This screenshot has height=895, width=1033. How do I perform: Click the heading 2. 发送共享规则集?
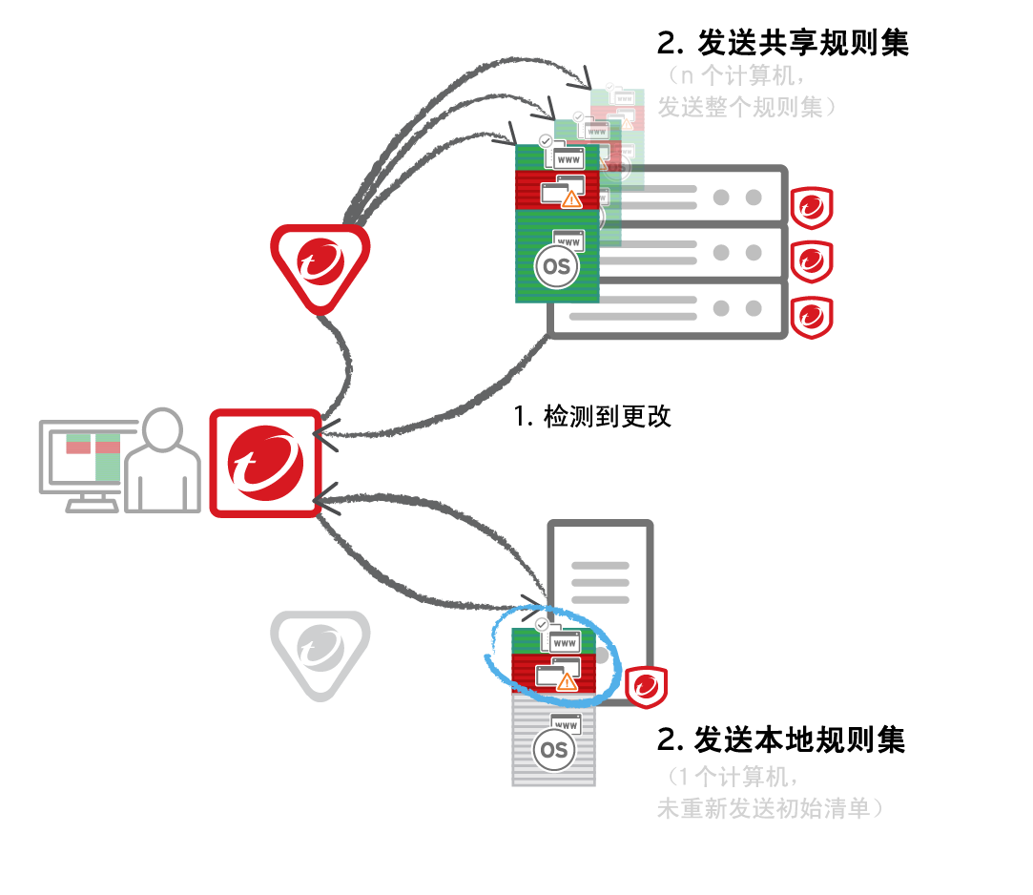(782, 44)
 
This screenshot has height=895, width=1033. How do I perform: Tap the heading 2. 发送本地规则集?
(780, 739)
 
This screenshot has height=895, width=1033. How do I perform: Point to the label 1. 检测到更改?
(592, 416)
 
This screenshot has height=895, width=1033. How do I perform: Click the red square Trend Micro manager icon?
(265, 464)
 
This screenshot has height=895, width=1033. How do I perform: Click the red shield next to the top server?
(812, 206)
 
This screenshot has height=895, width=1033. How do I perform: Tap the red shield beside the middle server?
(812, 259)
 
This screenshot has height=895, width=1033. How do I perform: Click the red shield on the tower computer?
(646, 686)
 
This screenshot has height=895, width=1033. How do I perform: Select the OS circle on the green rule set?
(556, 267)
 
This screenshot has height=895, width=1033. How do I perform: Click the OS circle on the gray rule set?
(553, 750)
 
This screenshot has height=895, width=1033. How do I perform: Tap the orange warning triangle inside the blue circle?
(567, 681)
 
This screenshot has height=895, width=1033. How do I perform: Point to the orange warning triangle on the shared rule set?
(571, 198)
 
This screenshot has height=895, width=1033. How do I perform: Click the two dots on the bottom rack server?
(737, 308)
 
